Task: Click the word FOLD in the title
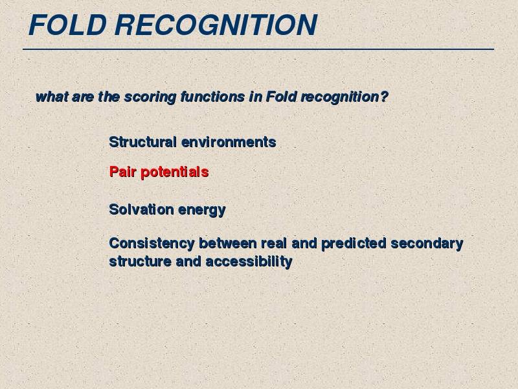pos(68,25)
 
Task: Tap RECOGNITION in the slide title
pos(216,25)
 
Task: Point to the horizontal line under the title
pos(258,49)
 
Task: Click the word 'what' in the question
pos(52,97)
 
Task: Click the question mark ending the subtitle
pos(384,97)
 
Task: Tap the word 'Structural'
pos(142,142)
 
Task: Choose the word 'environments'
pos(229,142)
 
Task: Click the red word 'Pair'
pos(122,172)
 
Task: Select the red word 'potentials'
pos(175,172)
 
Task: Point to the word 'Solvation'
pos(141,209)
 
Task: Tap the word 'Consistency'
pos(152,244)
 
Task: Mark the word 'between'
pos(228,243)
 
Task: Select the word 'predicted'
pos(354,244)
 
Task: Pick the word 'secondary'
pos(427,244)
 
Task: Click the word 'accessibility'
pos(249,262)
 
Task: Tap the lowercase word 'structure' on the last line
pos(140,261)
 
